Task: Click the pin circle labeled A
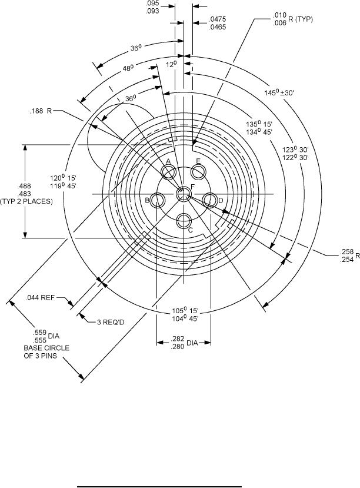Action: point(169,172)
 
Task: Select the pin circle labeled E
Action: point(198,172)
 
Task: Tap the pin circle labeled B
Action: point(157,200)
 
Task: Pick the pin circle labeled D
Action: point(210,200)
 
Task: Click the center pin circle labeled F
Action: point(184,192)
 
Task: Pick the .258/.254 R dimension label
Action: point(346,255)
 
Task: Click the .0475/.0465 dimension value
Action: point(217,23)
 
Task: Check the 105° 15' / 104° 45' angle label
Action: point(184,314)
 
